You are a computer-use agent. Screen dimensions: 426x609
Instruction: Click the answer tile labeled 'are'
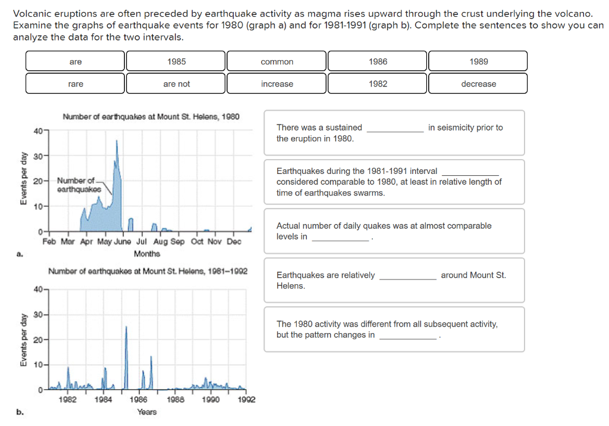(76, 61)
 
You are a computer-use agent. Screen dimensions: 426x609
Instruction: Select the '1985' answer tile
(176, 61)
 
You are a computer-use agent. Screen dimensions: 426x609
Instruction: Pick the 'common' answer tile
(277, 61)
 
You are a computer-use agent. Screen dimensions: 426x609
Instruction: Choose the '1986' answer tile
(378, 61)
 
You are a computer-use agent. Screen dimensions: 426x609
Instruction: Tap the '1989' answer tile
(478, 61)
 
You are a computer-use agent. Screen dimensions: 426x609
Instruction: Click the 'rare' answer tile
(76, 83)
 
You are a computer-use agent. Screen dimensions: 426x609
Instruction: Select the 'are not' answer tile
(176, 83)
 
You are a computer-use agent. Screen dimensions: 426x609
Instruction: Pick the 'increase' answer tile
(277, 83)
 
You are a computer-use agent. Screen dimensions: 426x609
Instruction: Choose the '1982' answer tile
(378, 83)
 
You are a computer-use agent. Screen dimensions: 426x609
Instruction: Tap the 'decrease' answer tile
(478, 83)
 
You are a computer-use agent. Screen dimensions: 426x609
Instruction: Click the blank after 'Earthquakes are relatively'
(407, 276)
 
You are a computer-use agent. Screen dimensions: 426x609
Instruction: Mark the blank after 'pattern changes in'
(407, 336)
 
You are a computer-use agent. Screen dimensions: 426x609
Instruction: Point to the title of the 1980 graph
(151, 116)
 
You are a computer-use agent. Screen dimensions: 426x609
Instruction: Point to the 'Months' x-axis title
(147, 254)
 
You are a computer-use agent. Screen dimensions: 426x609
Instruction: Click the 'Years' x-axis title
(147, 412)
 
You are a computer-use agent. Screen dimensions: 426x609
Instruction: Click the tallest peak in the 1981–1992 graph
(126, 328)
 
